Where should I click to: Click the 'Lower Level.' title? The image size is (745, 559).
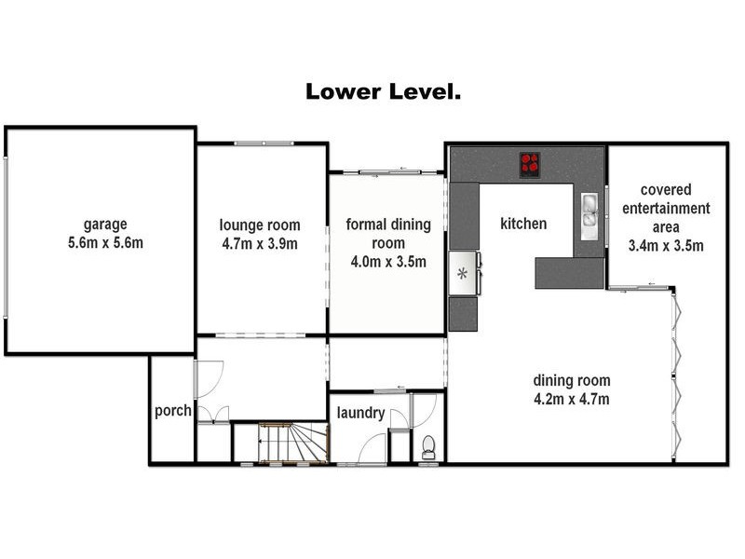[x=383, y=91]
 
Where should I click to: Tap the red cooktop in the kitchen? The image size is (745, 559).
[x=530, y=165]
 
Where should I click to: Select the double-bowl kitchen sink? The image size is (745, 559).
[x=589, y=216]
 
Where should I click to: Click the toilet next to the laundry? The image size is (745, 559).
[x=428, y=447]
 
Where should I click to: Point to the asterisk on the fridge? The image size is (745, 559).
[x=462, y=274]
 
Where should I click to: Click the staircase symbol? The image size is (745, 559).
[x=293, y=442]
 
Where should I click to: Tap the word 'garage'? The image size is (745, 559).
[x=105, y=225]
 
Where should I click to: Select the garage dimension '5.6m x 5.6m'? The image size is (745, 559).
[x=105, y=243]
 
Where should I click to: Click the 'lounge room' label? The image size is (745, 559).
[x=260, y=225]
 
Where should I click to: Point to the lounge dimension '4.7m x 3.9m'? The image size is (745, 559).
[x=260, y=244]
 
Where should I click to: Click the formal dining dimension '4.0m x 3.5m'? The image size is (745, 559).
[x=388, y=262]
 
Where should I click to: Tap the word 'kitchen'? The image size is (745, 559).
[x=523, y=224]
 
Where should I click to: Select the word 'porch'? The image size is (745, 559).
[x=173, y=411]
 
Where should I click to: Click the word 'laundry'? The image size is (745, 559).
[x=360, y=413]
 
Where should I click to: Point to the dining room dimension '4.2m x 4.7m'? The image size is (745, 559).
[x=572, y=399]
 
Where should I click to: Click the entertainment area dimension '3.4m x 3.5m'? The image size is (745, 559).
[x=666, y=245]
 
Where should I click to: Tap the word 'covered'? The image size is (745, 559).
[x=666, y=190]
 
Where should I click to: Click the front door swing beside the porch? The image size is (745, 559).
[x=208, y=379]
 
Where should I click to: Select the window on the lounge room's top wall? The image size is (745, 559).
[x=264, y=143]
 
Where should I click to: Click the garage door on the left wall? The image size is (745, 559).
[x=6, y=238]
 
